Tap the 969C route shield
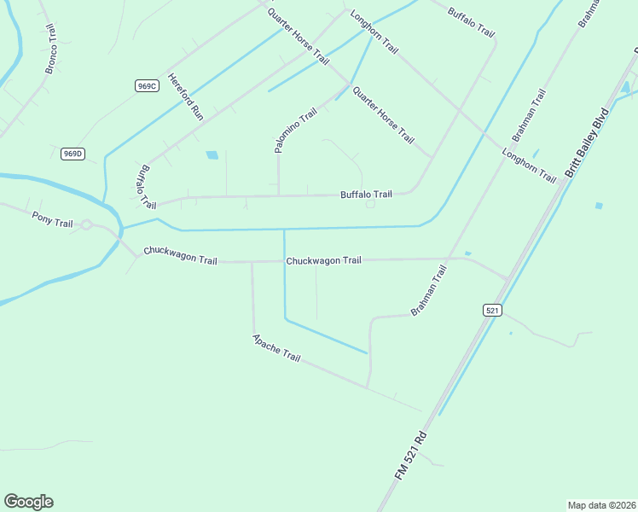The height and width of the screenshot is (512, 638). pyautogui.click(x=147, y=85)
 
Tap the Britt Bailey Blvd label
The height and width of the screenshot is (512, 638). pyautogui.click(x=587, y=143)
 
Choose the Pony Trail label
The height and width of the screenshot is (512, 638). pyautogui.click(x=52, y=219)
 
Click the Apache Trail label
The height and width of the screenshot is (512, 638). pyautogui.click(x=276, y=346)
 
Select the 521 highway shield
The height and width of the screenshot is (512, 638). pyautogui.click(x=491, y=311)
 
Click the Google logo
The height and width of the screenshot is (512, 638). pyautogui.click(x=28, y=502)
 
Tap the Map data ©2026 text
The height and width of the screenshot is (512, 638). pyautogui.click(x=601, y=505)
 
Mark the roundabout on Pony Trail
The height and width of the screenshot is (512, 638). pyautogui.click(x=86, y=225)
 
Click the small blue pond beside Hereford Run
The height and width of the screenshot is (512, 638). pyautogui.click(x=212, y=155)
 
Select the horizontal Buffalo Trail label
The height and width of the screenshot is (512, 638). pyautogui.click(x=366, y=195)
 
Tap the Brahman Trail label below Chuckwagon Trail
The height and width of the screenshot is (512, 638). pyautogui.click(x=428, y=290)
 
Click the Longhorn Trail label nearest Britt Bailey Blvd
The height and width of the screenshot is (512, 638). pyautogui.click(x=529, y=166)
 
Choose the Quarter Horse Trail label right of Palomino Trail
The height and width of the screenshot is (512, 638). pyautogui.click(x=383, y=115)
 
